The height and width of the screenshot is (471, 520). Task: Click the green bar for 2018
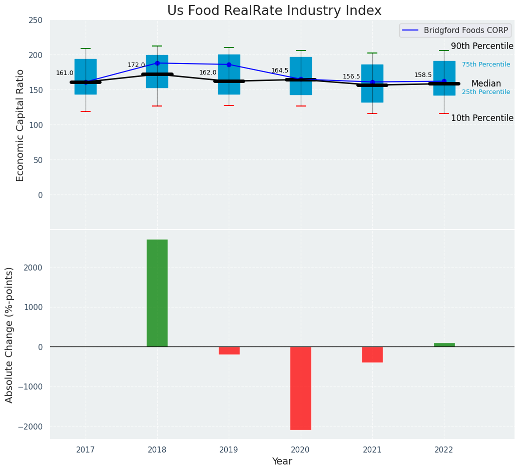(x=157, y=293)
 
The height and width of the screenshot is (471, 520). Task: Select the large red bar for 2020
(x=301, y=388)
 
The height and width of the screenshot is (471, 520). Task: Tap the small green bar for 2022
(x=444, y=344)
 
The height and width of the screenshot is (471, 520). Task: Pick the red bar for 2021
(x=372, y=354)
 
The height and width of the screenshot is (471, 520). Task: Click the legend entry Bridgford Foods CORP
(x=465, y=30)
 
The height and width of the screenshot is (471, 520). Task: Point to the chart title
(x=274, y=11)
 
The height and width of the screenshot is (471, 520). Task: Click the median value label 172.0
(x=136, y=65)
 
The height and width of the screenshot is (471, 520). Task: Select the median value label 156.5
(x=351, y=76)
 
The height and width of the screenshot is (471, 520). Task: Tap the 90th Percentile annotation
(x=482, y=46)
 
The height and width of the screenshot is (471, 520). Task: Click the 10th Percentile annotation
(x=482, y=118)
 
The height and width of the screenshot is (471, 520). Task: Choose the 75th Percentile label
(x=486, y=64)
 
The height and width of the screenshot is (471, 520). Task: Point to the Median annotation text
(x=486, y=83)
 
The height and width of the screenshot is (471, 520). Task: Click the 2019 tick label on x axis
(x=229, y=450)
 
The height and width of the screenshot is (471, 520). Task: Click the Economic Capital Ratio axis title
(x=21, y=125)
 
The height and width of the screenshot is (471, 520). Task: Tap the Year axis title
(x=282, y=461)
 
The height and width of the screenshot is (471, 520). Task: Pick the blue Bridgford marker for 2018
(x=157, y=63)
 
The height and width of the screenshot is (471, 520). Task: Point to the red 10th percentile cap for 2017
(x=86, y=111)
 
